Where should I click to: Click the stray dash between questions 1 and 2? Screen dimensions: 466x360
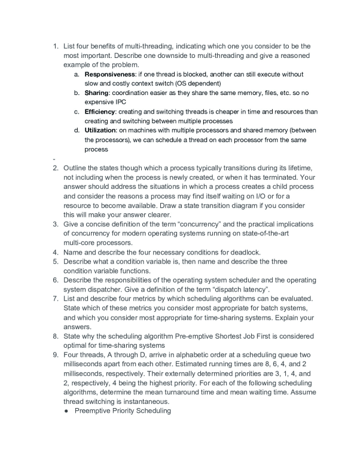click(x=54, y=158)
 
